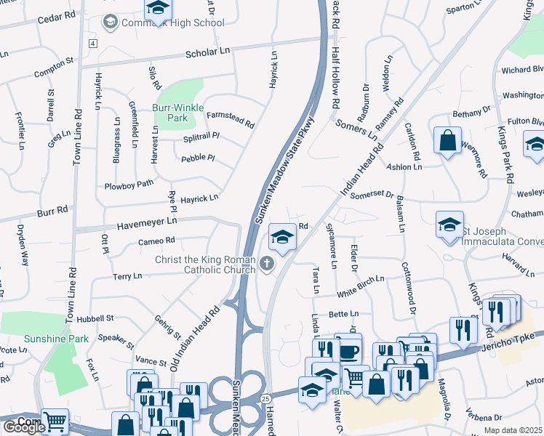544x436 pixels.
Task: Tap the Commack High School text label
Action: coord(172,23)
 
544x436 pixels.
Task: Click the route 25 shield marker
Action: coord(266,398)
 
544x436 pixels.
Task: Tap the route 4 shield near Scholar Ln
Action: coord(93,44)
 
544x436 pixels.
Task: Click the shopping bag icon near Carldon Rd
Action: coord(448,140)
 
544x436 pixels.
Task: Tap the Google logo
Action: coord(24,427)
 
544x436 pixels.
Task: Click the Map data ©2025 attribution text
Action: coord(512,430)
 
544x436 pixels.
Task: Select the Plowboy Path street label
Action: coord(129,185)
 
